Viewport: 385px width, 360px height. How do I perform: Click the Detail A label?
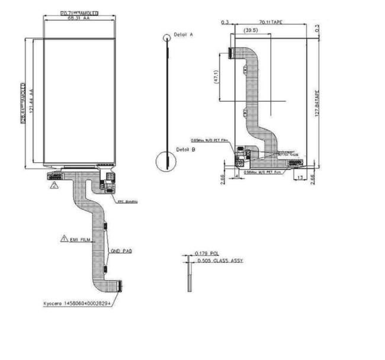[x=184, y=35]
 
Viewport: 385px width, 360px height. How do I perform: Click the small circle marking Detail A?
[x=167, y=37]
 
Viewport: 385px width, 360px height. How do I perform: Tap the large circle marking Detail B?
[x=166, y=161]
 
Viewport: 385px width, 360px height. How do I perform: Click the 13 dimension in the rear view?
[x=301, y=177]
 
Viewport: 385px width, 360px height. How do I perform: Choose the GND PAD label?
[x=121, y=252]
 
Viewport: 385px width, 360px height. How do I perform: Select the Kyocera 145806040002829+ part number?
[x=81, y=303]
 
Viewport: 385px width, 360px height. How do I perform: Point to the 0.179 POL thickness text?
[x=206, y=253]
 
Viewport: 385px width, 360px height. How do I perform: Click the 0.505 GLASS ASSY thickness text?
[x=219, y=261]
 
